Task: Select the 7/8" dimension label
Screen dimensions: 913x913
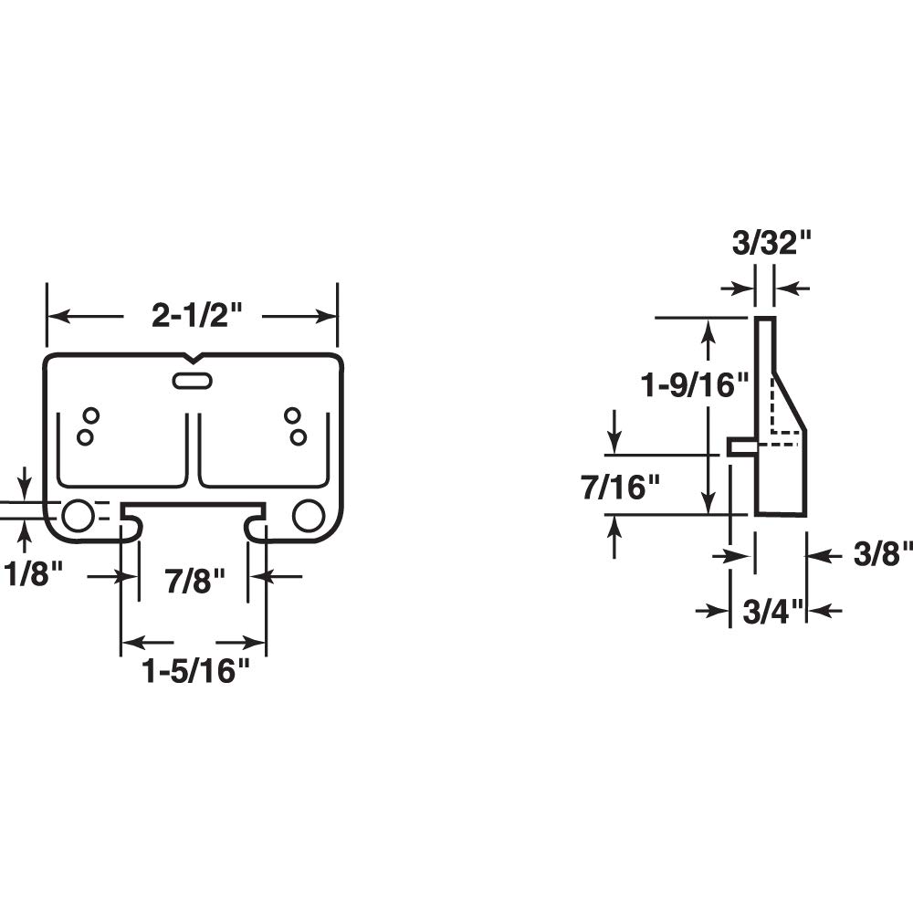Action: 194,582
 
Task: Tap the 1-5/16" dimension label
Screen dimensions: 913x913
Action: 195,673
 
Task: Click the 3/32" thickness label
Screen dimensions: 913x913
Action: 771,245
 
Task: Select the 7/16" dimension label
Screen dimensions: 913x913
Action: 620,488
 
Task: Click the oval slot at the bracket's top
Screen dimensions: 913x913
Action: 193,382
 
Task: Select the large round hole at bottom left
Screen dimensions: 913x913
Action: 77,516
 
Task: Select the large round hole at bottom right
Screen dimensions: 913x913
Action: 309,516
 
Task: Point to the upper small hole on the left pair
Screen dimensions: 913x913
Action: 91,416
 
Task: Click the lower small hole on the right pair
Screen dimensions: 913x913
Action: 298,437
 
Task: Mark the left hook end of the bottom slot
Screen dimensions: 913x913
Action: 131,526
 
